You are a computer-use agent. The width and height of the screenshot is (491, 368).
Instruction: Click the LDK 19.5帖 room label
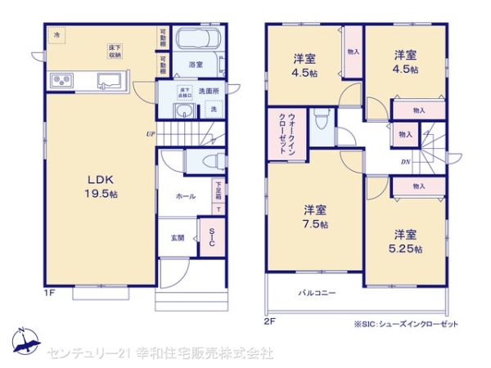[91, 187]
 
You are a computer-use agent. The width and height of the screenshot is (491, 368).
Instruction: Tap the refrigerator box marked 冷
[57, 36]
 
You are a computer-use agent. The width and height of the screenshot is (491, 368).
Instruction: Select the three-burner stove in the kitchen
[63, 80]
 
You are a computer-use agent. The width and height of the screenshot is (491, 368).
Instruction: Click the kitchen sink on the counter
[109, 80]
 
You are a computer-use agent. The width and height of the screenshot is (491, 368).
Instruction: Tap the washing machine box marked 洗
[214, 110]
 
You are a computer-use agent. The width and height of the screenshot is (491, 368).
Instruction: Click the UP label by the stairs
[151, 134]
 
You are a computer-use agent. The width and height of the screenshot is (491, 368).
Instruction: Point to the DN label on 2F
[405, 161]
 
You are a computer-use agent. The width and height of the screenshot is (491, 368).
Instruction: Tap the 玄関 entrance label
[178, 238]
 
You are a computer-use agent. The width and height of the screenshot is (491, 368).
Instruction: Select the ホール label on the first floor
[184, 196]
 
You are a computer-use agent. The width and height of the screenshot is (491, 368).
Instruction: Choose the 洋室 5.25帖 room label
[406, 240]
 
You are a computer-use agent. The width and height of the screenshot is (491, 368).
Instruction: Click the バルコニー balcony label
[316, 292]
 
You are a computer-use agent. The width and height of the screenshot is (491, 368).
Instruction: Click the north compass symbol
[23, 341]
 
